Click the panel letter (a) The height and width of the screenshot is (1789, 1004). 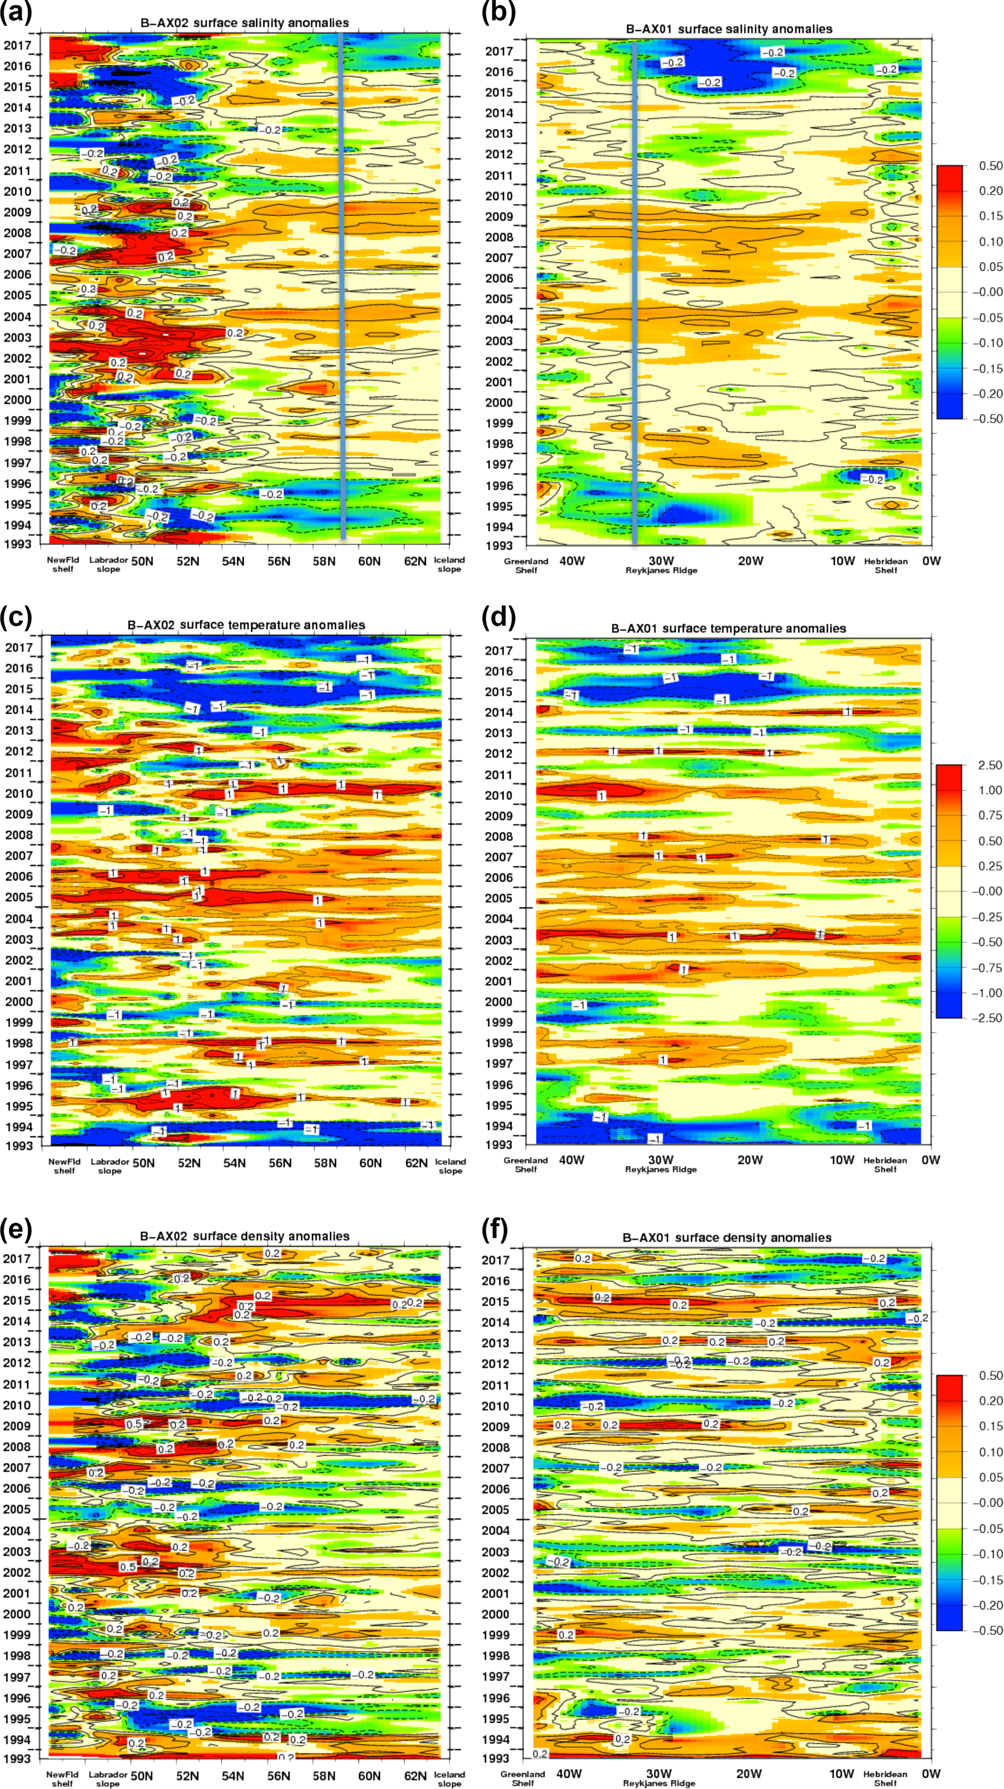[16, 13]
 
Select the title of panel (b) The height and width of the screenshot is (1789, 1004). [729, 29]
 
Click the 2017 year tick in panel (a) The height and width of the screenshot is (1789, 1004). [17, 46]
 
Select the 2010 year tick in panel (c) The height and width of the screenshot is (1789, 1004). [19, 793]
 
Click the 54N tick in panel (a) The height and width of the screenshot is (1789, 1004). [233, 561]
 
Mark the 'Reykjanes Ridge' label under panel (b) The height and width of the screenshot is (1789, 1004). [661, 570]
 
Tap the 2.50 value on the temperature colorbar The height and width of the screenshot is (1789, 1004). [989, 765]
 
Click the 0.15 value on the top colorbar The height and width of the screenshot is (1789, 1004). [990, 216]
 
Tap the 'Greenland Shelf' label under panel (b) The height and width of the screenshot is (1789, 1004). [526, 566]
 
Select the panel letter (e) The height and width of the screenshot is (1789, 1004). [16, 1229]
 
